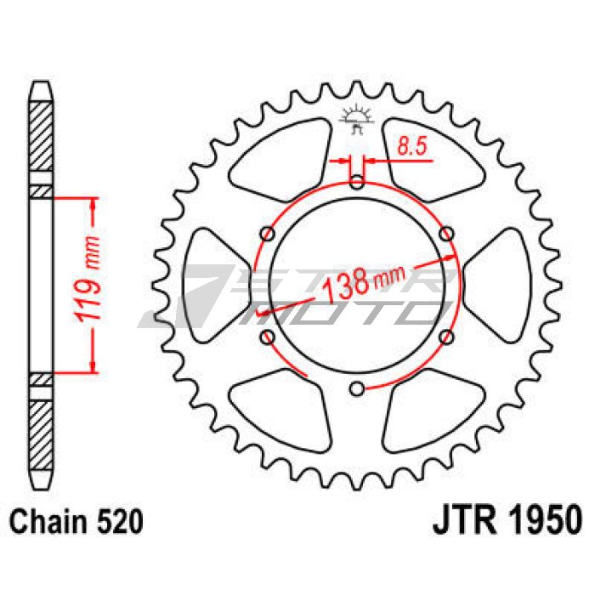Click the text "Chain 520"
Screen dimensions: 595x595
74,519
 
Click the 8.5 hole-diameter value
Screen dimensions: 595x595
411,147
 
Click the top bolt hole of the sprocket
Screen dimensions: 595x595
357,180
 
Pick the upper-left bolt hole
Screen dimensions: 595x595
269,233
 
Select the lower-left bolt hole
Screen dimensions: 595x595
269,337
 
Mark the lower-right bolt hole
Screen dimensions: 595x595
447,337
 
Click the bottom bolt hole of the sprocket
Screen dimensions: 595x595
357,388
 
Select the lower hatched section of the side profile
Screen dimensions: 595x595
41,429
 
